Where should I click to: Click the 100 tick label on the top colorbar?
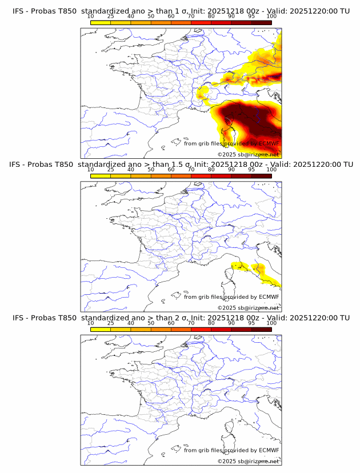coord(271,17)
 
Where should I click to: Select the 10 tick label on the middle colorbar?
coord(91,170)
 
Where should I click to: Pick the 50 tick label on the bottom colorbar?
coord(151,323)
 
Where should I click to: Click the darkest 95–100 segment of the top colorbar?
coord(261,23)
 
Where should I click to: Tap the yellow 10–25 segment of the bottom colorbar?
coord(101,330)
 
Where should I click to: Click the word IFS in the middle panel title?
coord(18,165)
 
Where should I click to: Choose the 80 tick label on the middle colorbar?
coord(211,170)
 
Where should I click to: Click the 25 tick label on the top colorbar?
coord(111,17)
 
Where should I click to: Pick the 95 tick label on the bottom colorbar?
coord(251,323)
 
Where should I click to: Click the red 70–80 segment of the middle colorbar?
coord(201,177)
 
